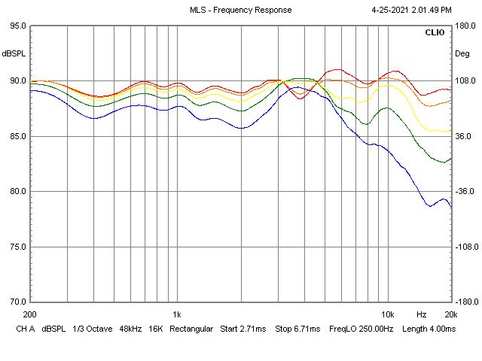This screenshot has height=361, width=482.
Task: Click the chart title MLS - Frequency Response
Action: [x=241, y=10]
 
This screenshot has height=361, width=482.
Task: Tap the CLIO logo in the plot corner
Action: [x=435, y=33]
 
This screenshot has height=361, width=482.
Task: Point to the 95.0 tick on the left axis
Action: [x=17, y=26]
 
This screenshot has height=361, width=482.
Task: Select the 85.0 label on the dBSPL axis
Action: [x=17, y=136]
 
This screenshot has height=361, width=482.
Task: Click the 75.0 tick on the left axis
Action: [x=17, y=247]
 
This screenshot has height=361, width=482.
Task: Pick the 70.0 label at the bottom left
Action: [x=17, y=302]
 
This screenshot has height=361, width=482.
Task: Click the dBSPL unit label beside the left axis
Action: [x=14, y=53]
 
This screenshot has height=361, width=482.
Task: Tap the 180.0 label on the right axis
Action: [x=464, y=26]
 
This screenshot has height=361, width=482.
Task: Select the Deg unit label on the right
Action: [x=461, y=53]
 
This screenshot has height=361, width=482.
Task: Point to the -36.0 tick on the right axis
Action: [x=464, y=191]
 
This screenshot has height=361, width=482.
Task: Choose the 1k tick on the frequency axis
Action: [x=177, y=314]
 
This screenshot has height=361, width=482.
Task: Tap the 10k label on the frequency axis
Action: [x=388, y=314]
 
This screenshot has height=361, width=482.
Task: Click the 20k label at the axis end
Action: [x=450, y=314]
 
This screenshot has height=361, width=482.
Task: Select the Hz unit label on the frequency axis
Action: [x=422, y=314]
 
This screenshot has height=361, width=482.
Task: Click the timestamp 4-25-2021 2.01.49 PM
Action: [x=412, y=10]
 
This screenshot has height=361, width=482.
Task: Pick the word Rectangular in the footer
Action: [x=191, y=329]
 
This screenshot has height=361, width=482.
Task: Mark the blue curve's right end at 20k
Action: [x=450, y=205]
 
